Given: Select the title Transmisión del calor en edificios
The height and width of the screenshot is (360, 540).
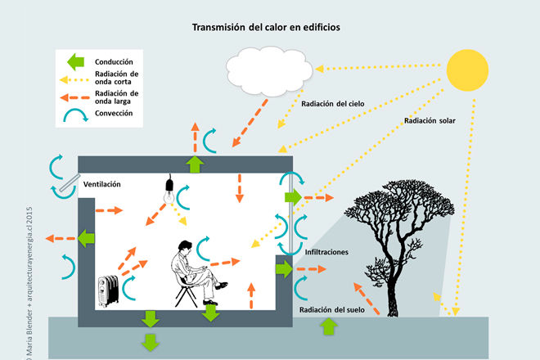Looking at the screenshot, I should coord(266,27).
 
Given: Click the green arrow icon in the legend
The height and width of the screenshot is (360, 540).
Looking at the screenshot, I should coord(76,61).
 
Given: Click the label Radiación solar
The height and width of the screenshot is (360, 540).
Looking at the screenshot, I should coord(430,119).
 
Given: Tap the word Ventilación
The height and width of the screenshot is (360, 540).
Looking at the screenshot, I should coord(102,184).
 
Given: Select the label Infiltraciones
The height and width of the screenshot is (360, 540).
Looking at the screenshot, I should coord(327,252).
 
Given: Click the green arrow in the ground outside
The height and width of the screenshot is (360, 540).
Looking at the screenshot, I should coord(328,326).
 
